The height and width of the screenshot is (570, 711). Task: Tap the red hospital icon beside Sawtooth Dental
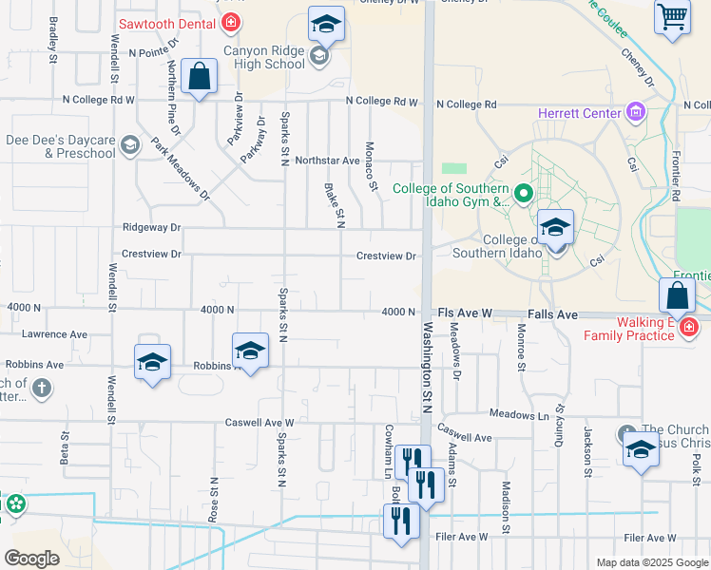click(230, 22)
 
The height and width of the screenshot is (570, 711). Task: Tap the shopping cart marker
click(672, 16)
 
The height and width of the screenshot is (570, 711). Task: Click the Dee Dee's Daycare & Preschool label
click(59, 146)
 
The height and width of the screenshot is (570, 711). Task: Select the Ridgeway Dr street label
click(151, 228)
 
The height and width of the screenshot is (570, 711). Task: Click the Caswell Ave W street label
click(259, 423)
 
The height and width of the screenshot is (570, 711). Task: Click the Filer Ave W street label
click(649, 538)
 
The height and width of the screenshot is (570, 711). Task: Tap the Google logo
click(31, 559)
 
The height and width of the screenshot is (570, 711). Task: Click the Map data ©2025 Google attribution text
click(650, 562)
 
